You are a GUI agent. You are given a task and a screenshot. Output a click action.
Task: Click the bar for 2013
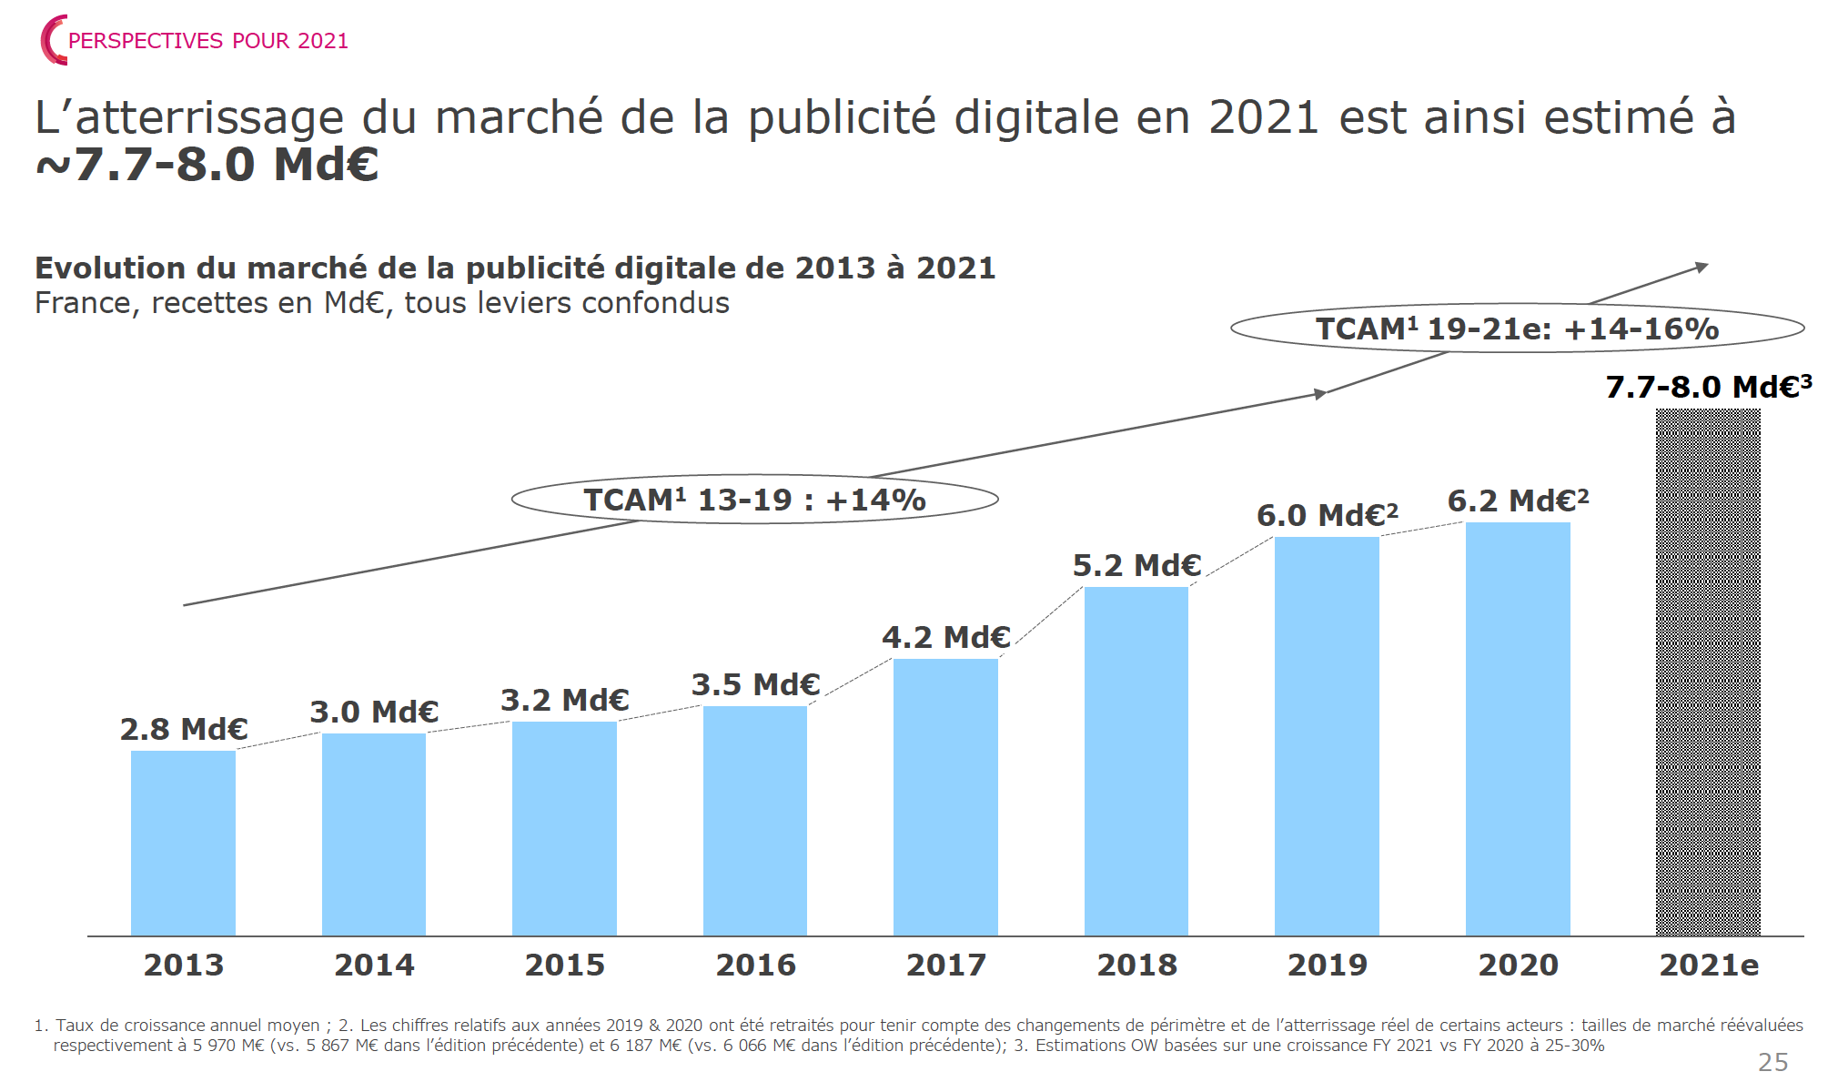[x=183, y=843]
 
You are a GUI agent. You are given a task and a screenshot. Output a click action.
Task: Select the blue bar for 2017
[x=945, y=797]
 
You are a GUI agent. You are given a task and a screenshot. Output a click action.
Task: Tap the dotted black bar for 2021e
[x=1708, y=672]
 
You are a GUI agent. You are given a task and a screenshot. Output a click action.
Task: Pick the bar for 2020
[x=1518, y=729]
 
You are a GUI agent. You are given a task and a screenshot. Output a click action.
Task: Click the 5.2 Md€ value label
[x=1136, y=566]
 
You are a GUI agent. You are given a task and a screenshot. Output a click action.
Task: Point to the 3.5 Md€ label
[x=755, y=685]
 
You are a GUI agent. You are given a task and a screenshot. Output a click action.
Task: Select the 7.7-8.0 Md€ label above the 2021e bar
[x=1708, y=388]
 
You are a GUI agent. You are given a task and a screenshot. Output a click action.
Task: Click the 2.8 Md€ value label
[x=184, y=730]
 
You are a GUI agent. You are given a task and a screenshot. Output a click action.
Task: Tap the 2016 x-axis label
[x=755, y=966]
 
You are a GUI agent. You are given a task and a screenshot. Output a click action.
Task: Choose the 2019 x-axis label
[x=1327, y=966]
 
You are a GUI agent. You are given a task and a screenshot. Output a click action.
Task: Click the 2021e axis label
[x=1708, y=966]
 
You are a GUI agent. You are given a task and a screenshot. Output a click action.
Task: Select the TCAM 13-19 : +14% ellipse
[x=754, y=500]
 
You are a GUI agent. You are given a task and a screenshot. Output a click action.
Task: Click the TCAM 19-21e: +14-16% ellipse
[x=1517, y=329]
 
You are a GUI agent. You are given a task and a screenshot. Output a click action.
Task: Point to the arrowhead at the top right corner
[x=1702, y=267]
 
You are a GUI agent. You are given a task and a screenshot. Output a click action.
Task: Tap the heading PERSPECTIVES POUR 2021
[x=208, y=41]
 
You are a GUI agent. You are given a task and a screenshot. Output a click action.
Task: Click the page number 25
[x=1772, y=1063]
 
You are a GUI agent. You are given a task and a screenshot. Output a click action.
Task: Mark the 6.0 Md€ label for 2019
[x=1327, y=516]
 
